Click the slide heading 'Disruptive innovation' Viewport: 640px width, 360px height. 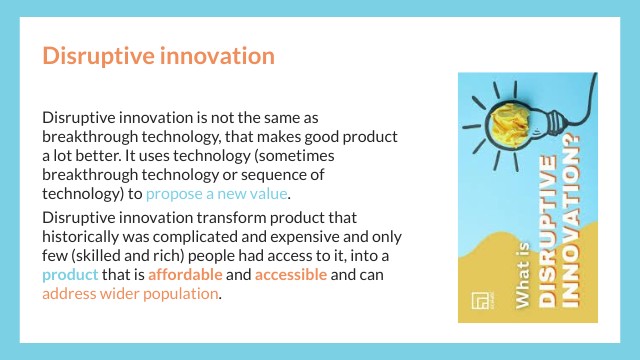click(158, 55)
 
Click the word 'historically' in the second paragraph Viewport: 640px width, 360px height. click(82, 236)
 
